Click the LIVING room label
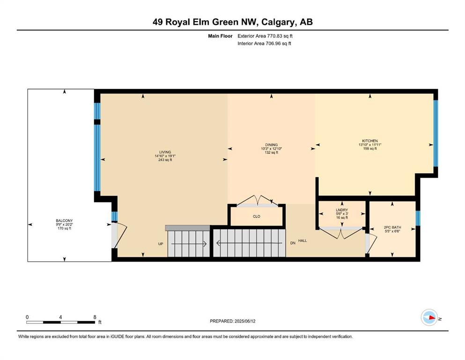165,152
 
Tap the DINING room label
271,145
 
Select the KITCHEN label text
370,141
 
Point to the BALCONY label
64,220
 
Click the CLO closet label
257,217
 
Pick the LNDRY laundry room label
342,210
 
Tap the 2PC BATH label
392,227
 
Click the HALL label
303,240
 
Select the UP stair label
161,244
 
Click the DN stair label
293,243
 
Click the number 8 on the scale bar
95,317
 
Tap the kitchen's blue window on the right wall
435,134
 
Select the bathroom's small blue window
418,218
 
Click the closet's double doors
258,201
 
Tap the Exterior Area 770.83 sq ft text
265,36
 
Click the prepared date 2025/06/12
244,321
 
